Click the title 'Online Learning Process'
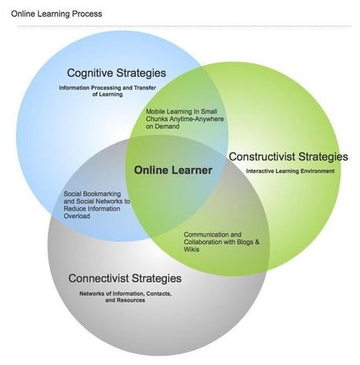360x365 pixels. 56,14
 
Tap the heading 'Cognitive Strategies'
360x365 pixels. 116,73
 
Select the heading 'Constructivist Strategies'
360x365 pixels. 288,157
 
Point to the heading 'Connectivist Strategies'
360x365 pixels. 125,279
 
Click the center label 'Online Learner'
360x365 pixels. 173,170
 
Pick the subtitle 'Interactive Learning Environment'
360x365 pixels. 291,171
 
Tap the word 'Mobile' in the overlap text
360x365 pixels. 156,112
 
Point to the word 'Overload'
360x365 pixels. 77,216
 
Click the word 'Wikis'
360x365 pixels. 191,249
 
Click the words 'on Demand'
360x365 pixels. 163,127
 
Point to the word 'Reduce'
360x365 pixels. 75,208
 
